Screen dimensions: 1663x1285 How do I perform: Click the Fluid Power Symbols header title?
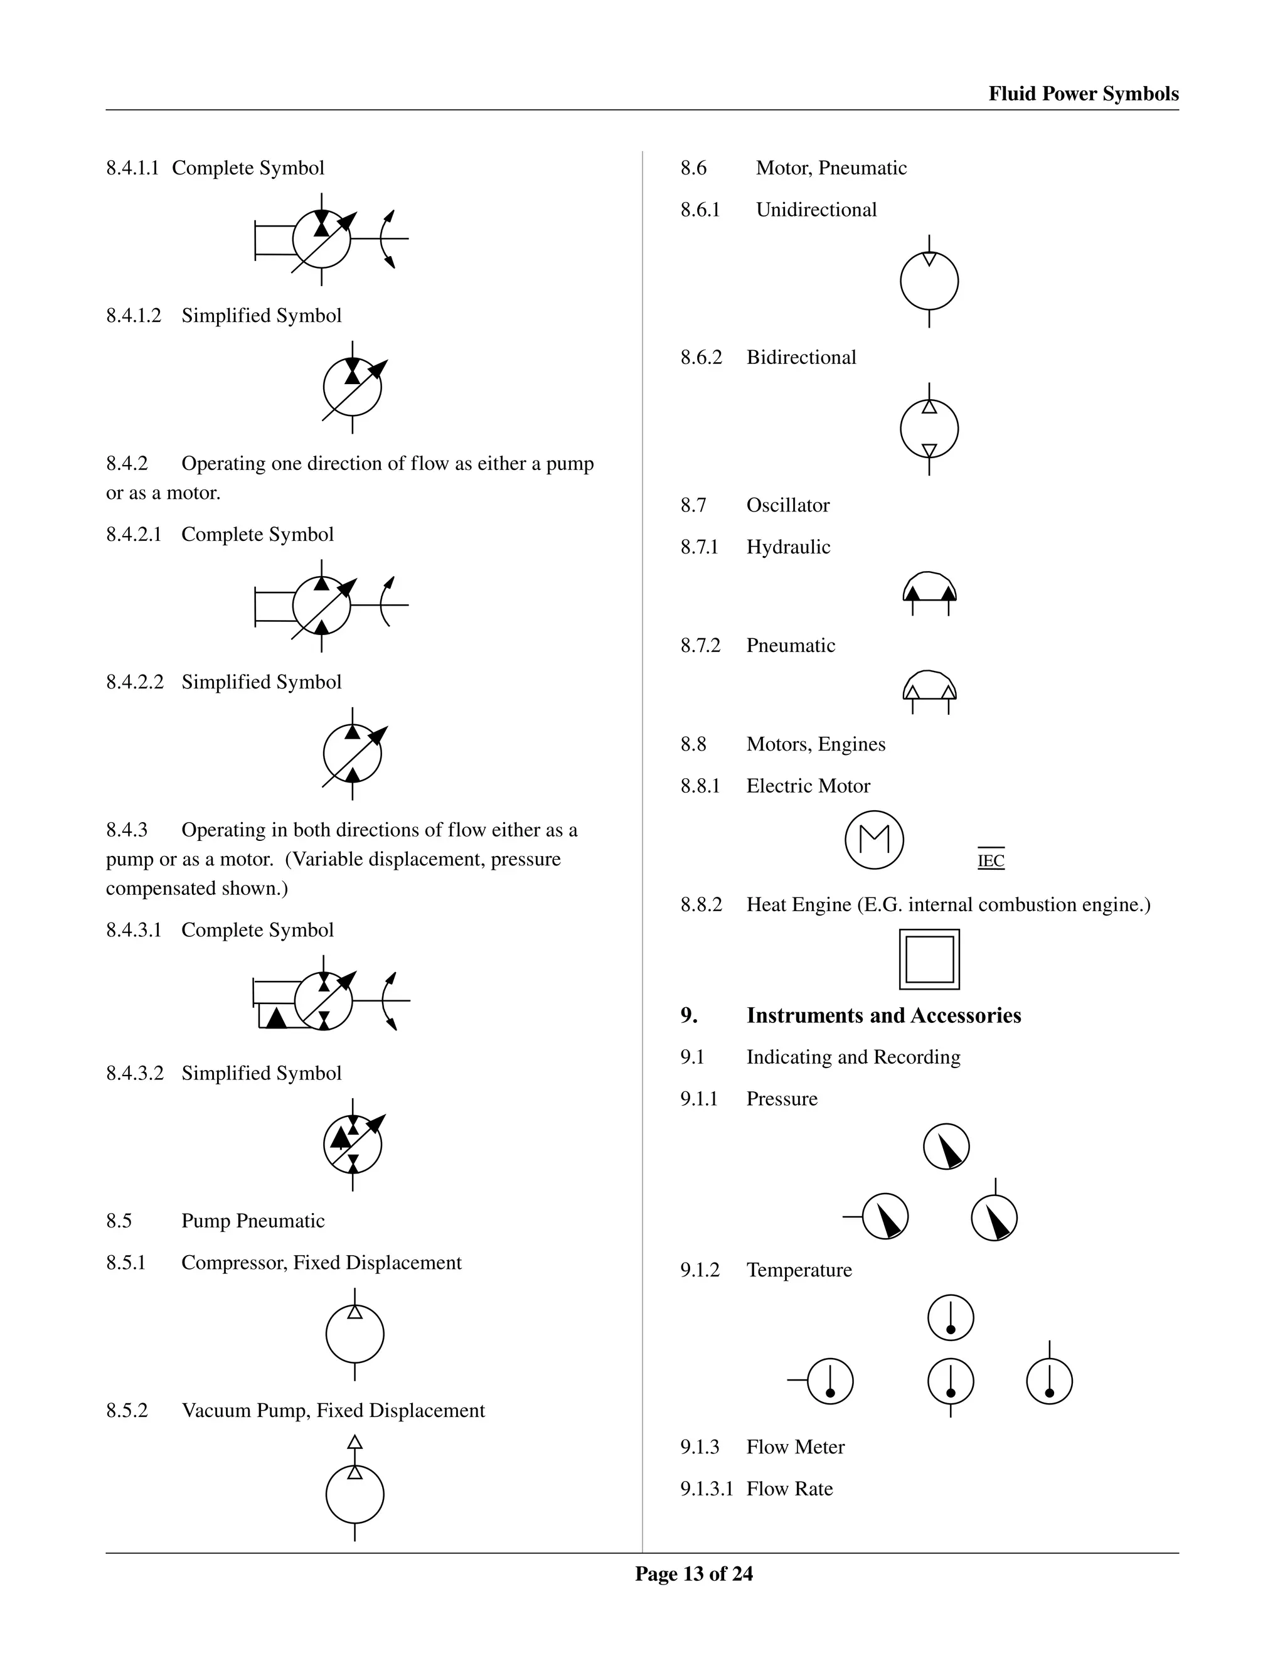[x=1082, y=94]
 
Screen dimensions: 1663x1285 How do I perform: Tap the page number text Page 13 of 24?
[x=693, y=1573]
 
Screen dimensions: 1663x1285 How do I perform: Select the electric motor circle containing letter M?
[x=874, y=839]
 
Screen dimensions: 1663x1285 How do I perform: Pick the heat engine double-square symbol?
[x=929, y=959]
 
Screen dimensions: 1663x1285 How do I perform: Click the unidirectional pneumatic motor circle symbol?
[x=929, y=281]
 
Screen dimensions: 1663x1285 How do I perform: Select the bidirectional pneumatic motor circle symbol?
[x=929, y=429]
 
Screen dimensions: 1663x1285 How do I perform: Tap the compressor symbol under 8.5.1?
[x=355, y=1334]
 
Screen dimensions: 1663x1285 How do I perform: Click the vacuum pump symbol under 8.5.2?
[x=355, y=1494]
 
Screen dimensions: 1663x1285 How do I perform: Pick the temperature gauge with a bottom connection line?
[x=951, y=1381]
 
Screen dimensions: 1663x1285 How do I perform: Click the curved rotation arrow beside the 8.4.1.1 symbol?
[x=388, y=238]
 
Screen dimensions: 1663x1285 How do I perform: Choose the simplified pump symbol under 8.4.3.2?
[x=353, y=1145]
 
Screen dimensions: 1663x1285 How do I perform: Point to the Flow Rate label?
[x=789, y=1489]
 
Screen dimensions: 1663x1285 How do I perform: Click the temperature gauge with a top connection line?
[x=1049, y=1381]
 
